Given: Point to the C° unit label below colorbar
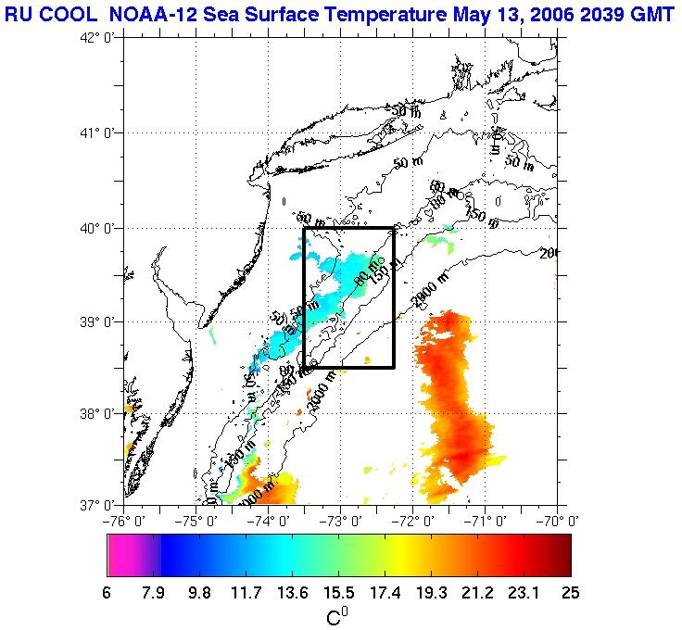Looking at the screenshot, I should point(337,616).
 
